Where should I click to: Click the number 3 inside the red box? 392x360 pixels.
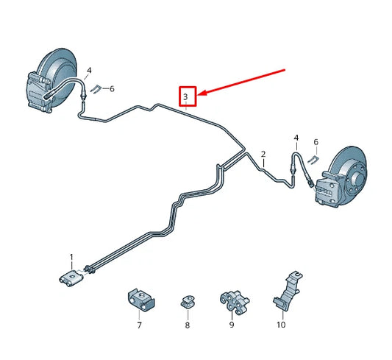point(187,96)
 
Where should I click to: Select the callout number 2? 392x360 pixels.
point(263,154)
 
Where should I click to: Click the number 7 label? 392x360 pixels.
point(138,324)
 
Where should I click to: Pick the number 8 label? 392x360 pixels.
point(187,325)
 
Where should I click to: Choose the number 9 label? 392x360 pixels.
point(232,324)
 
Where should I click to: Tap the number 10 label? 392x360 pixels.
point(281,325)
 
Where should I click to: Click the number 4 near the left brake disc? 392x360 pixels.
point(89,71)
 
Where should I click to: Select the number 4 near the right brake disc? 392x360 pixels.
point(296,138)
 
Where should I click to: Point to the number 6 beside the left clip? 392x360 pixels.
point(112,89)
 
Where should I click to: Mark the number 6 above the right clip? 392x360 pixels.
point(316,141)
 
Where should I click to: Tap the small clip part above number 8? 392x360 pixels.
point(187,301)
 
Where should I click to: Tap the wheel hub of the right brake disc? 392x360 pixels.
point(355,176)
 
